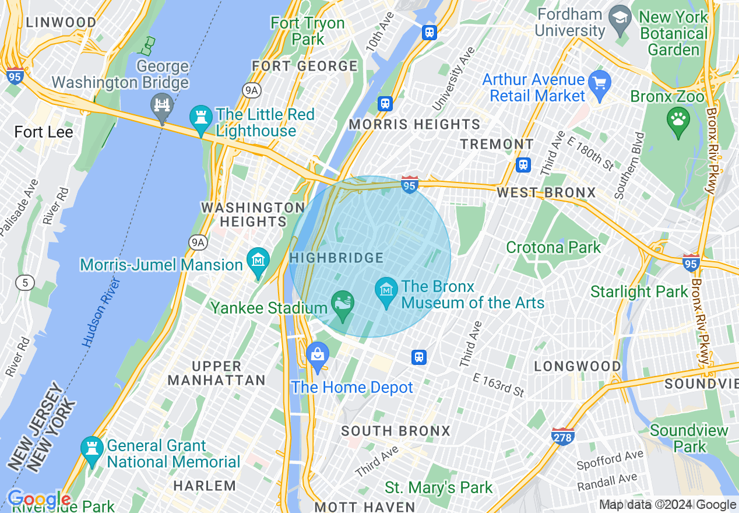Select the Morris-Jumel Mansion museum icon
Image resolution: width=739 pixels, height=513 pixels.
258,262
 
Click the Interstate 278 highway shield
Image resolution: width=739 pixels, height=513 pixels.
562,435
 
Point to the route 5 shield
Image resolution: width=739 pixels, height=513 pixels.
25,283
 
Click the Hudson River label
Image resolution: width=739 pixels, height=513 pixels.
101,312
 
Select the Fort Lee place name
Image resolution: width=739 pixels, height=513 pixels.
44,132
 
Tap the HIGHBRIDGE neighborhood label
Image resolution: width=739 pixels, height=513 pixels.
337,258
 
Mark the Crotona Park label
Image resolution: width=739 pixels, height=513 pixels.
553,247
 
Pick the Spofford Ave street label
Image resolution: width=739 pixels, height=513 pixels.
610,460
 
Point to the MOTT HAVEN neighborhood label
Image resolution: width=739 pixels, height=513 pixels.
365,507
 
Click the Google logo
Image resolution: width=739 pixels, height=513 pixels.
38,500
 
